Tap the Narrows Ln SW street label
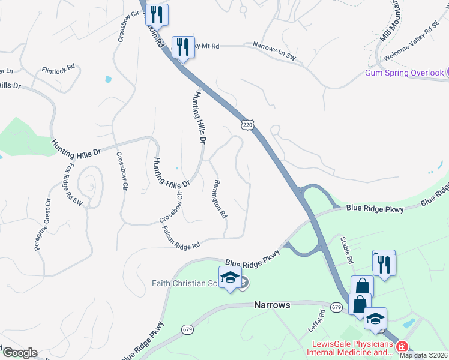tap(274, 52)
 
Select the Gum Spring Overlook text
tap(404, 73)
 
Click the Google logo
tap(20, 353)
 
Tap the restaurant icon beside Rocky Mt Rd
tap(183, 46)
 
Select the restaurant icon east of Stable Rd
tap(384, 263)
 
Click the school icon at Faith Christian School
tap(230, 277)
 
